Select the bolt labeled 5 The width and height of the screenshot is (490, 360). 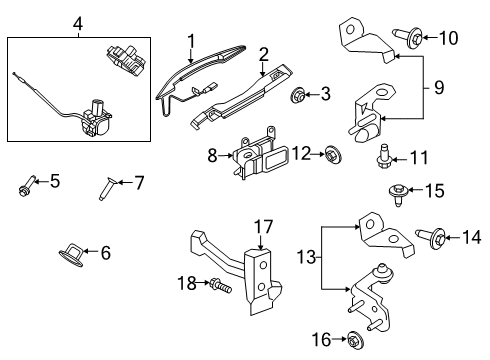(26, 183)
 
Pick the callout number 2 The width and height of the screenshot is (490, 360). (263, 53)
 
